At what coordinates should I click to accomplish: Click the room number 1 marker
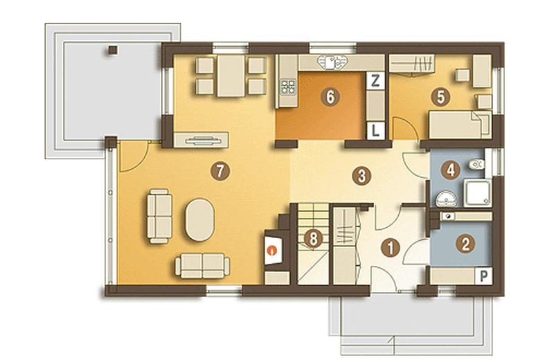click(391, 248)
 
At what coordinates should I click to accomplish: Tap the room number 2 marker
click(465, 244)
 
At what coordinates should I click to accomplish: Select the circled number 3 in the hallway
click(361, 176)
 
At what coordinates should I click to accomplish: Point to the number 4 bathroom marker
click(450, 170)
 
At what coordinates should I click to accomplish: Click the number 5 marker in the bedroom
click(440, 98)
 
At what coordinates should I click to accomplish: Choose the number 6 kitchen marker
click(330, 97)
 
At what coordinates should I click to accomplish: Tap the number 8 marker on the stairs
click(313, 239)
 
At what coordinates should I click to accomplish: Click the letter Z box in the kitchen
click(375, 81)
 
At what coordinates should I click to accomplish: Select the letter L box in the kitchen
click(375, 131)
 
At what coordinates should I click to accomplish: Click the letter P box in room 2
click(484, 276)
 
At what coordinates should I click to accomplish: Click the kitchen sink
click(332, 62)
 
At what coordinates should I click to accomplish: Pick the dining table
click(231, 75)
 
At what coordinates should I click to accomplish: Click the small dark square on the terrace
click(112, 50)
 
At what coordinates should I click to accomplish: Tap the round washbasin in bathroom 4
click(446, 199)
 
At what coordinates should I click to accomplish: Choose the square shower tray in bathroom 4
click(477, 193)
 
